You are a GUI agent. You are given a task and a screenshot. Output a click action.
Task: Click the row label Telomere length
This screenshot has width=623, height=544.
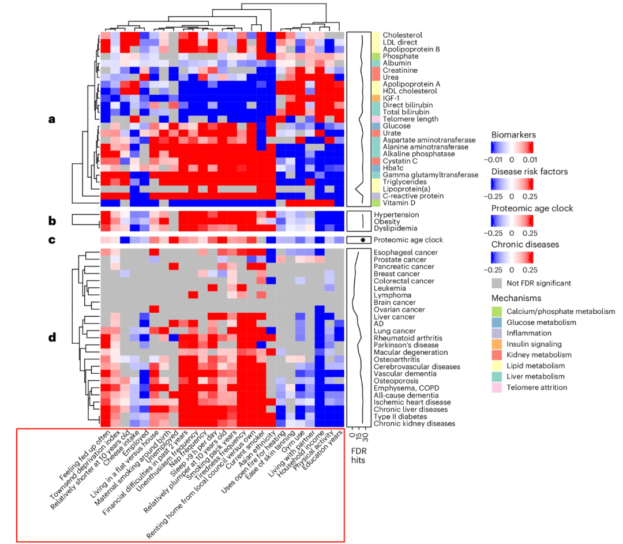[x=411, y=119]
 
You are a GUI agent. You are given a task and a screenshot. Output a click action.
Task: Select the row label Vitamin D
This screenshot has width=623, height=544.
[x=399, y=202]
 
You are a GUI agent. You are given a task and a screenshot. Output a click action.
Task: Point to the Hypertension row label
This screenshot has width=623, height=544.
[x=396, y=215]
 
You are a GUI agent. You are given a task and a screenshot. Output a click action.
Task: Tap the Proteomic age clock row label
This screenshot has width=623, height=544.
[x=408, y=240]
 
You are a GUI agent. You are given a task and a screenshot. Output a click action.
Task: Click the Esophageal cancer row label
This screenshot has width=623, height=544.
[x=406, y=252]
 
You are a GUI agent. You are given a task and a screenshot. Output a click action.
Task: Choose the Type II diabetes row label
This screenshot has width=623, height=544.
[x=400, y=417]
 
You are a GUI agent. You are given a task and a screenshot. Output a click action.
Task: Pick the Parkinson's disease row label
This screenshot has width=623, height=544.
[x=406, y=345]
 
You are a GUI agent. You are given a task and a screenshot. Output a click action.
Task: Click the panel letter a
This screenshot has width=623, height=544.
[x=52, y=119]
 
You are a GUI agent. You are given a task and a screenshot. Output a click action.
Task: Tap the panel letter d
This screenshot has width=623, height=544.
[x=52, y=337]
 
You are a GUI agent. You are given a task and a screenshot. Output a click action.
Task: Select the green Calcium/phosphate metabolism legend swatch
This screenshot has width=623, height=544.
[x=496, y=312]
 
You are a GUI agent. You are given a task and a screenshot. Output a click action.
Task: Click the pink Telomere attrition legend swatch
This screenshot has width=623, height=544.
[x=496, y=388]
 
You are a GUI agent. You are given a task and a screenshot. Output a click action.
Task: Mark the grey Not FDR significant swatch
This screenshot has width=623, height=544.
[x=496, y=283]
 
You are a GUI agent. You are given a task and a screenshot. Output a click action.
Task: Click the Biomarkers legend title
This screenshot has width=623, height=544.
[x=513, y=135]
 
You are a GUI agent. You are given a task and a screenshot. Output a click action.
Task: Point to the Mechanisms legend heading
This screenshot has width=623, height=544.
[x=516, y=298]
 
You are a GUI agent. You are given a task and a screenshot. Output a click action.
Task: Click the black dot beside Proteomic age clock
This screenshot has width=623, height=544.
[x=363, y=240]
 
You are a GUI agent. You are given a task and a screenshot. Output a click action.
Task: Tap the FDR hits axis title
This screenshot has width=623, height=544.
[x=359, y=456]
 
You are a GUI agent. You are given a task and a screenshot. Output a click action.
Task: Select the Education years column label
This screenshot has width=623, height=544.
[x=323, y=450]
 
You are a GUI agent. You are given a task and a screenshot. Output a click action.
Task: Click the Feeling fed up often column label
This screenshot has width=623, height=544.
[x=85, y=455]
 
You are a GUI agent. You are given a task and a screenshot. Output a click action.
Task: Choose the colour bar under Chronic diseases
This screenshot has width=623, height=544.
[x=512, y=257]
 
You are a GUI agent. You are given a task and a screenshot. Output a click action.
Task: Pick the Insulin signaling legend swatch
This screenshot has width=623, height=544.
[x=496, y=344]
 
